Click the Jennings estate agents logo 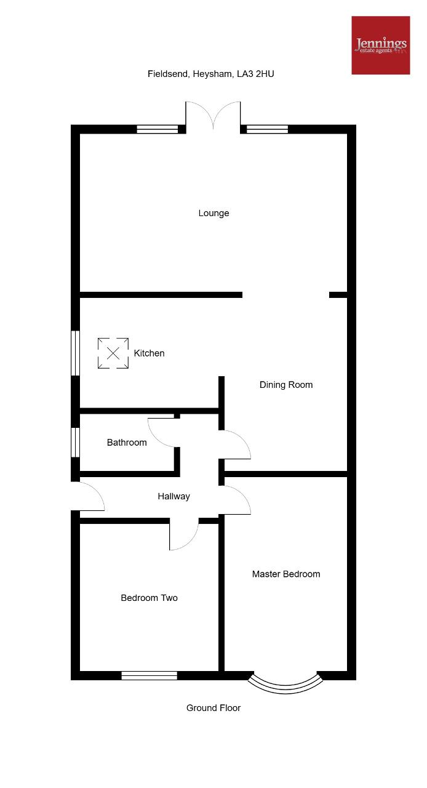click(x=381, y=45)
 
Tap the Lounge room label click(x=213, y=213)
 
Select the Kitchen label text click(x=149, y=353)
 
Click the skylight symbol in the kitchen click(x=113, y=353)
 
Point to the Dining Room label click(x=286, y=385)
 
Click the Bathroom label click(x=127, y=442)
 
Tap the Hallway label click(x=174, y=496)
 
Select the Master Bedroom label click(x=286, y=574)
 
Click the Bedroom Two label click(x=149, y=598)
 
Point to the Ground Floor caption click(x=213, y=708)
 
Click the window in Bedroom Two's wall click(x=149, y=675)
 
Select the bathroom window click(x=75, y=442)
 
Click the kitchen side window click(x=75, y=353)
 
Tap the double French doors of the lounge click(x=213, y=115)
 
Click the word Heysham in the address click(x=212, y=74)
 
